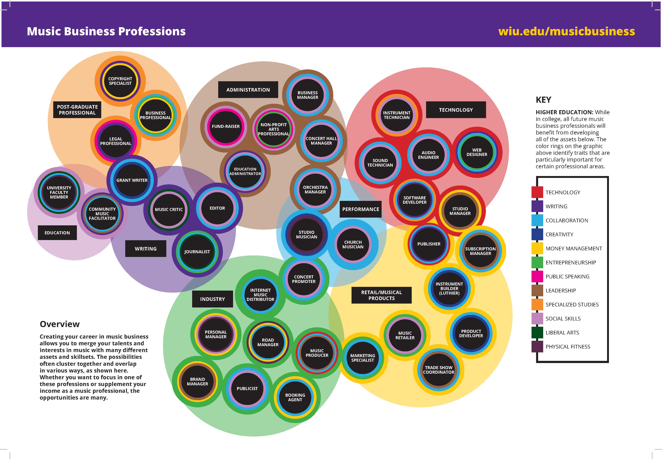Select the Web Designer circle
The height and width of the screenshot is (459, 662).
point(477,152)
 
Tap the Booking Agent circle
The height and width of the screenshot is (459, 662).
point(295,397)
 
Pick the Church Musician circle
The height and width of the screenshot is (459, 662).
point(353,244)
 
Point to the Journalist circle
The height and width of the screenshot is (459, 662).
point(197,252)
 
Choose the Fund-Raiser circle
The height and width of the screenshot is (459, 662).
point(226,126)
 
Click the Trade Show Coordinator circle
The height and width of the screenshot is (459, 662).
point(438,370)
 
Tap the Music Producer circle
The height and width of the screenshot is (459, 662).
point(317,353)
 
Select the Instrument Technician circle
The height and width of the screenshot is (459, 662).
point(396,115)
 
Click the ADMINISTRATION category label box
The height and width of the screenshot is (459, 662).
point(248,90)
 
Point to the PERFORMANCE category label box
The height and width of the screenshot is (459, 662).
point(360,209)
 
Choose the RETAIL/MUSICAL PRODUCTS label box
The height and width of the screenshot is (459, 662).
point(381,295)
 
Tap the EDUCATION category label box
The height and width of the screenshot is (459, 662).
point(57,233)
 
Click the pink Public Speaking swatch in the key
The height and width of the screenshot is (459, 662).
point(537,276)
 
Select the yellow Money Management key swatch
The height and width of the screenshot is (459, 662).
point(537,249)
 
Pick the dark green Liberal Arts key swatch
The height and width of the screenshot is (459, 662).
point(537,332)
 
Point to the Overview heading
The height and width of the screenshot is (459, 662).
point(59,324)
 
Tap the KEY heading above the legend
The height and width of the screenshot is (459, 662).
point(543,100)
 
